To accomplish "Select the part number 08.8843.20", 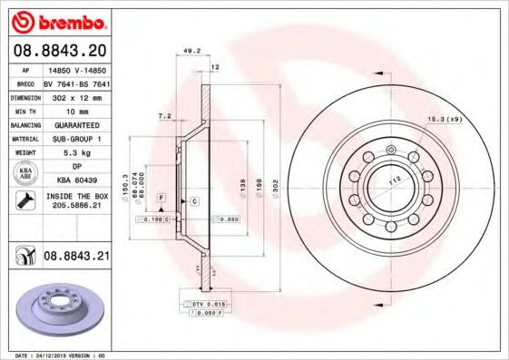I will (61, 50).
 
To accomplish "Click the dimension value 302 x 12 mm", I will (77, 96).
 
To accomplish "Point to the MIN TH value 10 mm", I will (77, 111).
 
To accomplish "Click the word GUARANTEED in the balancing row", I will (77, 124).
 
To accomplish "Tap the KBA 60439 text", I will (77, 180).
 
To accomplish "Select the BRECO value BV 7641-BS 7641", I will (77, 83).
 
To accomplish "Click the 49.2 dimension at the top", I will (191, 51).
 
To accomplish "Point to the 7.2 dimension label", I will (164, 117).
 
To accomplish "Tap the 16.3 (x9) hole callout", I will (445, 119).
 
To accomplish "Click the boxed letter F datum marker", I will (161, 197).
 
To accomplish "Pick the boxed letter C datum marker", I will (194, 199).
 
